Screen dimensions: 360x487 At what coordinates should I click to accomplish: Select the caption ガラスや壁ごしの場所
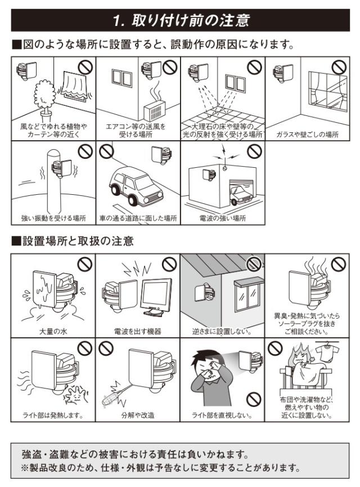(x=307, y=135)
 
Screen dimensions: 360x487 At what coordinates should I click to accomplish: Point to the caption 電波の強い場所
(x=223, y=218)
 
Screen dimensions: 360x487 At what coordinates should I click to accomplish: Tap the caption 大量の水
(x=53, y=332)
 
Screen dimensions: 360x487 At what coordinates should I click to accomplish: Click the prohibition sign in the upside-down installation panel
(x=254, y=264)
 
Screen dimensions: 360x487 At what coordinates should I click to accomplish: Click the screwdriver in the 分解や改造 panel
(x=114, y=397)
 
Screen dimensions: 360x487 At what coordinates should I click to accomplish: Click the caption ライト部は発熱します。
(x=53, y=415)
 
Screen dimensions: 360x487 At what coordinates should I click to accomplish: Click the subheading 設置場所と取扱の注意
(x=78, y=241)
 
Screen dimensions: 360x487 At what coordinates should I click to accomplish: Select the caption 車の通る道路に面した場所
(x=138, y=218)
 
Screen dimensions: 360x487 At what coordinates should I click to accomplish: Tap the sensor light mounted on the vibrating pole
(x=62, y=169)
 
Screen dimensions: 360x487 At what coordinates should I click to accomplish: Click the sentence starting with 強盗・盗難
(x=136, y=454)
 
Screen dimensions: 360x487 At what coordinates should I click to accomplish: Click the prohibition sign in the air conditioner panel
(x=170, y=67)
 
